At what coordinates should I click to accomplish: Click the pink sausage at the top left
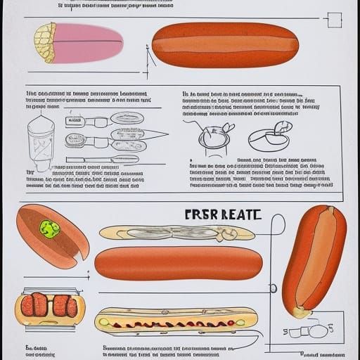tap(88, 42)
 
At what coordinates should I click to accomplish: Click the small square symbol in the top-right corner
tap(335, 20)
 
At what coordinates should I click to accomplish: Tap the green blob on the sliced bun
tap(49, 229)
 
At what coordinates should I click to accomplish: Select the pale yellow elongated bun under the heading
tap(176, 233)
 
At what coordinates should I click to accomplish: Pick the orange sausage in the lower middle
tap(178, 263)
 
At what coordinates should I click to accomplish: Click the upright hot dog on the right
tap(314, 257)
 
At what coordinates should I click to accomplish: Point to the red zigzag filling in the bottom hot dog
tap(176, 323)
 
